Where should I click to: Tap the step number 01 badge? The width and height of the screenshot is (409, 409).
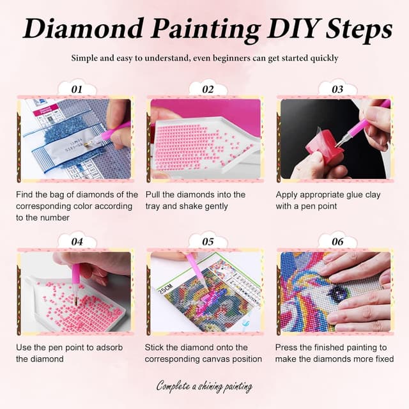(77, 89)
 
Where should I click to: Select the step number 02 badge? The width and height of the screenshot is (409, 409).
(208, 89)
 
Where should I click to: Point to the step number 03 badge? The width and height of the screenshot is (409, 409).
(337, 89)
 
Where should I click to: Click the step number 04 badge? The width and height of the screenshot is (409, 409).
(77, 242)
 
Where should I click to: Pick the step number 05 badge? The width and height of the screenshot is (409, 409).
(208, 242)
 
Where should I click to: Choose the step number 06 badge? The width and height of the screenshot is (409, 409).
(337, 242)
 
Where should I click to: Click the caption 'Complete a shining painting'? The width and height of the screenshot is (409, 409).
(204, 386)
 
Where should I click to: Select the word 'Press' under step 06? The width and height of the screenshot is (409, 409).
(288, 347)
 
